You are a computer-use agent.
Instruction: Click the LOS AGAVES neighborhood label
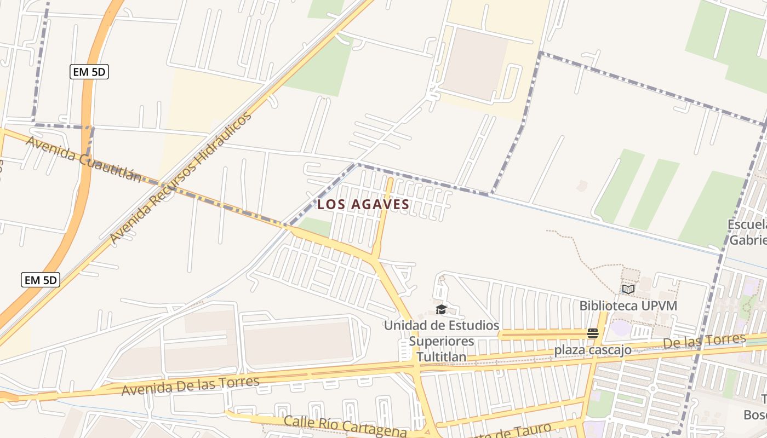[363, 204]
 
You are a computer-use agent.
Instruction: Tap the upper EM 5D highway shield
[89, 72]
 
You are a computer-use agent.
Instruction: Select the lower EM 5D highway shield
[41, 280]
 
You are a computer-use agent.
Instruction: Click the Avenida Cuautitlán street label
[83, 159]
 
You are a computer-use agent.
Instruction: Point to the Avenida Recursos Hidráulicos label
[180, 178]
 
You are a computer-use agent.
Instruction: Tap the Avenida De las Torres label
[190, 385]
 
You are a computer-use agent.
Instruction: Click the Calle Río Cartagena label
[345, 426]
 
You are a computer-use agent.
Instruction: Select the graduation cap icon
[441, 310]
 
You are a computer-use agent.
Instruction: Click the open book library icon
[628, 289]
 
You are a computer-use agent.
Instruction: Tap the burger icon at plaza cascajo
[592, 333]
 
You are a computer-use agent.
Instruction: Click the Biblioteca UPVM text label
[628, 306]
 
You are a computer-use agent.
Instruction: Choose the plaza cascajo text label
[592, 350]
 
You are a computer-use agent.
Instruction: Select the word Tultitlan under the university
[442, 357]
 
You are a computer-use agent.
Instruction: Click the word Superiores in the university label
[442, 341]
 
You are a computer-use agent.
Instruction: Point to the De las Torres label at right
[704, 342]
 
